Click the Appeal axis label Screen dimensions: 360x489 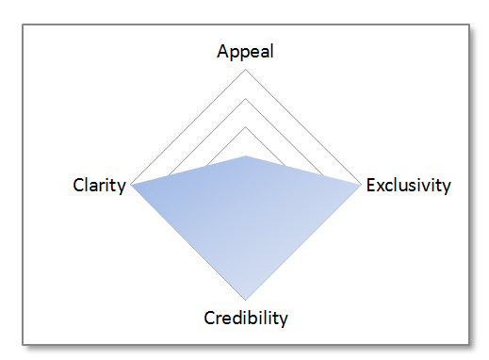pos(245,52)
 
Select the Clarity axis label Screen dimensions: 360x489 pos(99,186)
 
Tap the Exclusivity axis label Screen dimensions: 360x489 pos(409,185)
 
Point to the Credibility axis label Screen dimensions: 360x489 pos(246,317)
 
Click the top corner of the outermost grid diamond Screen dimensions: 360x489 pos(246,70)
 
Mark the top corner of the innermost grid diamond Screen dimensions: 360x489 pos(246,127)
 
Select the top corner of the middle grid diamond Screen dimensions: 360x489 pos(246,98)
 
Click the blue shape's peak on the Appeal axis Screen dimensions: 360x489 pos(246,155)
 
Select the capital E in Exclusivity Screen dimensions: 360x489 pos(371,185)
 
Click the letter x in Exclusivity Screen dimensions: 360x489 pos(381,186)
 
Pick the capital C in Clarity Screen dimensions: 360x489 pos(78,186)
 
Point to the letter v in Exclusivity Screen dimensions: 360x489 pos(431,186)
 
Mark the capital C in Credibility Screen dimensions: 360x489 pos(210,317)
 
